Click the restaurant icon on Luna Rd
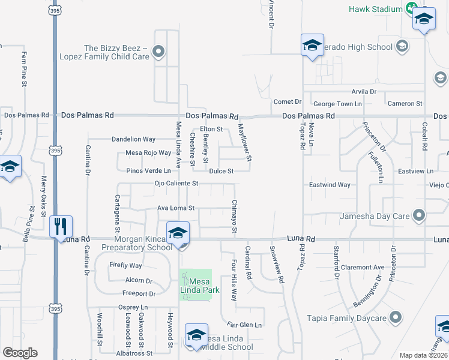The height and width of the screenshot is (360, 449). coord(61,227)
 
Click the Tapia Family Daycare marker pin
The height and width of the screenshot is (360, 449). coord(396,317)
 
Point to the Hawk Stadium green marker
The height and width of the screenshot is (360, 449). coord(411,9)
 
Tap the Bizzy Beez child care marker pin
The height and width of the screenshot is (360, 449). coord(159,52)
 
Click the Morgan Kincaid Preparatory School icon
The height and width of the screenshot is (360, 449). coord(178,232)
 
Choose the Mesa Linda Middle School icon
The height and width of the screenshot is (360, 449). coord(196,334)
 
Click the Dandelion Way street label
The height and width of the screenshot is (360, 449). coord(133,139)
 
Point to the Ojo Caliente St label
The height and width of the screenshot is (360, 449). coord(176,184)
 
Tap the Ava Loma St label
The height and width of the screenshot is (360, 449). coord(175,208)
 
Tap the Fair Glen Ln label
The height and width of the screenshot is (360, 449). coord(247,325)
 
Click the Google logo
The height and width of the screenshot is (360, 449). coord(20,353)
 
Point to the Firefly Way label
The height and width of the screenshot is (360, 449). coord(125,265)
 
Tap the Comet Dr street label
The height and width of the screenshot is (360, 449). coord(287,102)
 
